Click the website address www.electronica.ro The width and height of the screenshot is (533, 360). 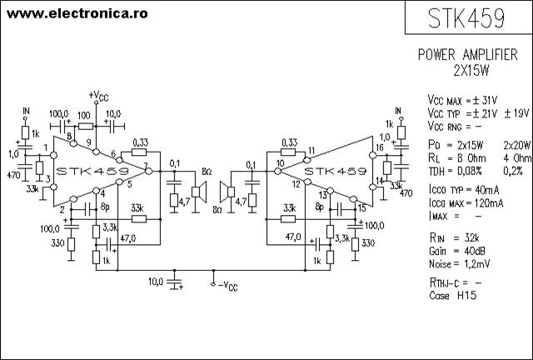(x=77, y=13)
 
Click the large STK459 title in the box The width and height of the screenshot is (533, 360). (x=466, y=18)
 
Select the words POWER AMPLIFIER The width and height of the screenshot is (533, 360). (x=468, y=54)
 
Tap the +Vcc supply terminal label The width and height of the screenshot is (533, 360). (x=98, y=96)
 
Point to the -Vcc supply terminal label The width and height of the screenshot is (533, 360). (x=227, y=286)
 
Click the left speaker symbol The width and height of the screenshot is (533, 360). (x=199, y=192)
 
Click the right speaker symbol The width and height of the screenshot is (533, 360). (x=227, y=192)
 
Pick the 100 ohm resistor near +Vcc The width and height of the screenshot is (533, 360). (x=85, y=127)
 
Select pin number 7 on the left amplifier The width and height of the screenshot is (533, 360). (x=146, y=166)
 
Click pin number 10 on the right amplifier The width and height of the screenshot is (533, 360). (x=280, y=163)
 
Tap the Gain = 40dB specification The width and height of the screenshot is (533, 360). (x=457, y=251)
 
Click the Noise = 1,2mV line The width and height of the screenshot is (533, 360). (x=459, y=263)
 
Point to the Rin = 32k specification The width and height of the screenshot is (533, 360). (x=455, y=237)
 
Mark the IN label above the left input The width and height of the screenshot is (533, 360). (x=26, y=111)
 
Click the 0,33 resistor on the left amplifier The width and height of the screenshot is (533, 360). (x=139, y=152)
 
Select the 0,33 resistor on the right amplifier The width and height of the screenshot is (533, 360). (x=288, y=152)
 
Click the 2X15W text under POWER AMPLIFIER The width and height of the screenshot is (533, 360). (x=471, y=71)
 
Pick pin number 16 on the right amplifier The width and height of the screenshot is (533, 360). (x=380, y=147)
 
